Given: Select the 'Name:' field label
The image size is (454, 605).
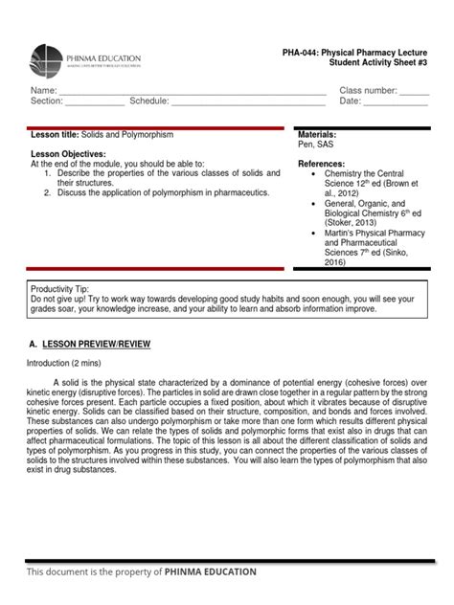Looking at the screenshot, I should (43, 90).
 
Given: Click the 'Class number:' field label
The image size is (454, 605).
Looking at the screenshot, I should (368, 90).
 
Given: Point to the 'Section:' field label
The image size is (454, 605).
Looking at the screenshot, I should (47, 101).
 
